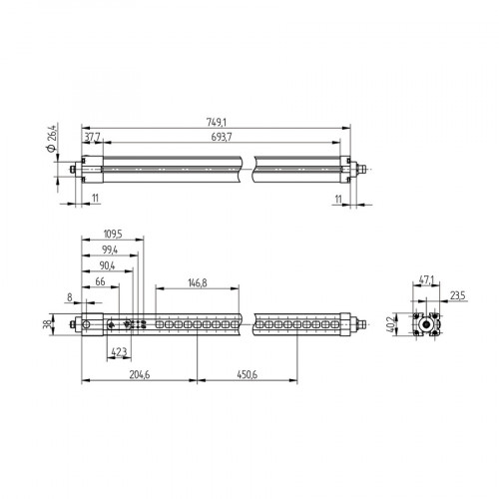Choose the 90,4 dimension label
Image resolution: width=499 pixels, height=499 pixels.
coord(105,266)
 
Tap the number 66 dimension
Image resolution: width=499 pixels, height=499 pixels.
coord(100,283)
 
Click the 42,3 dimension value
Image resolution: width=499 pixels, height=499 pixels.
coord(118,352)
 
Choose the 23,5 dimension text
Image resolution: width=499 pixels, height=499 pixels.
coord(458,295)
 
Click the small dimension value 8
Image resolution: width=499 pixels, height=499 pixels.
coord(68,296)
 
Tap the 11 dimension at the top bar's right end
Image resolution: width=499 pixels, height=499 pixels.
coord(338,199)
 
